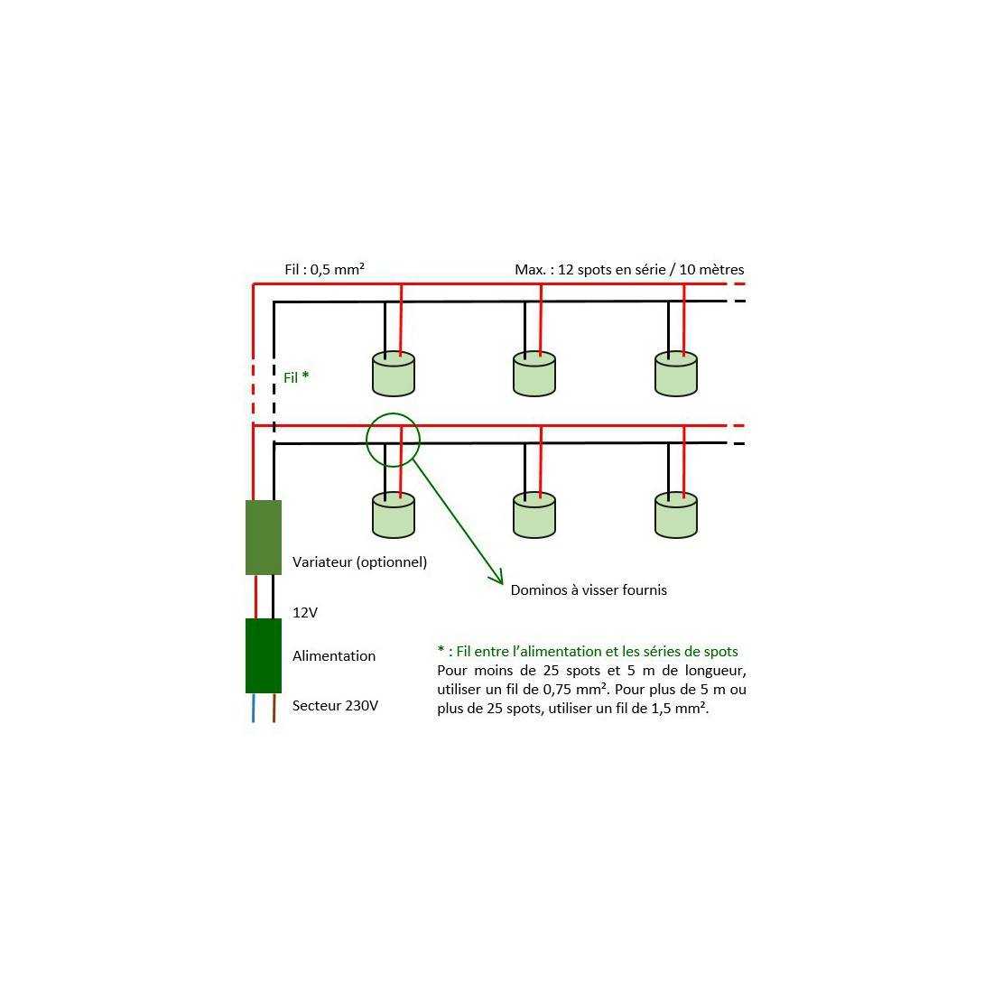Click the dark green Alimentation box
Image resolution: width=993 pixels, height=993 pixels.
click(x=264, y=655)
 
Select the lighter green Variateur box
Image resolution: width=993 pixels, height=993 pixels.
click(x=264, y=538)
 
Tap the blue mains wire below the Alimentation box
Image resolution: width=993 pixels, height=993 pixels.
click(x=254, y=708)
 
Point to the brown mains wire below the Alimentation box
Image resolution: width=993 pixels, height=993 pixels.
click(x=274, y=708)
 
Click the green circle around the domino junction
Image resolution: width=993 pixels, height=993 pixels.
click(x=367, y=441)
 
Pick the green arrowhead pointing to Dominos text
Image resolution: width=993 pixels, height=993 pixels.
click(x=497, y=576)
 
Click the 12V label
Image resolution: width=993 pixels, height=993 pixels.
click(x=304, y=612)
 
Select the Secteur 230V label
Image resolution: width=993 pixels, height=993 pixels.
click(x=335, y=706)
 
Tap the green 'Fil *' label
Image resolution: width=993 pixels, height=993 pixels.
click(x=296, y=377)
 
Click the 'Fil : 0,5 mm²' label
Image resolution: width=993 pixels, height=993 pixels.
click(x=324, y=269)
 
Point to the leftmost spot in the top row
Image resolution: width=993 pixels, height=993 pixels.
click(x=394, y=375)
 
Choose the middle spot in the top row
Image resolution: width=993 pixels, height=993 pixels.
click(x=534, y=375)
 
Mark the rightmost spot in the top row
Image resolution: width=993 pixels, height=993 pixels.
click(x=676, y=375)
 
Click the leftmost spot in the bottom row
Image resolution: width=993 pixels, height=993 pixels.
click(x=394, y=515)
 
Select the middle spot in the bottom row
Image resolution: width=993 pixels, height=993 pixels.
click(x=534, y=515)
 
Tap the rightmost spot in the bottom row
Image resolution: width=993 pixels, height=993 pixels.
click(x=676, y=515)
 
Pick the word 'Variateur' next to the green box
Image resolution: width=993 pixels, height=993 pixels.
click(x=321, y=561)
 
